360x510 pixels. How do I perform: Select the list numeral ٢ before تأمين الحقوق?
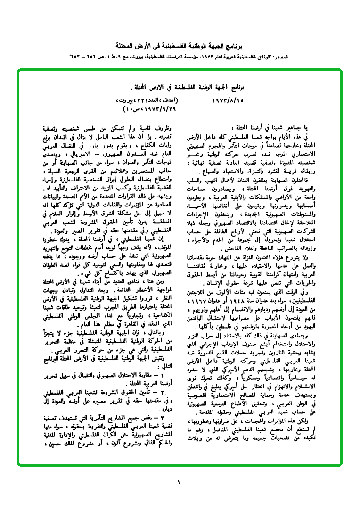coord(163,391)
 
